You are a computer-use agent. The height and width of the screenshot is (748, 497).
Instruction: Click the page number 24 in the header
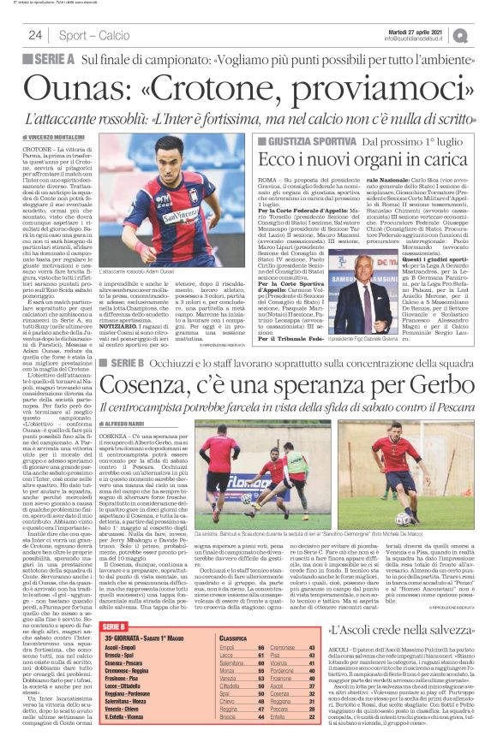pyautogui.click(x=36, y=35)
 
